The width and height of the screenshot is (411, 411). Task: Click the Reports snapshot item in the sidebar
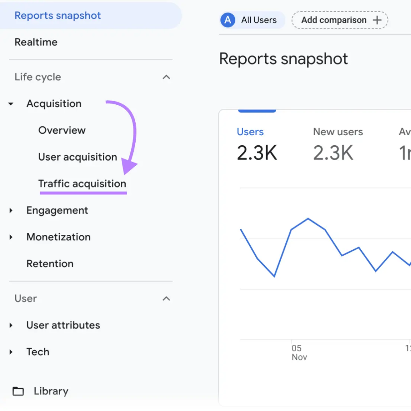[58, 16]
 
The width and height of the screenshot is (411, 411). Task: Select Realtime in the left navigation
[36, 42]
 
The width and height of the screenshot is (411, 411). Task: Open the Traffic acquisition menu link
[82, 184]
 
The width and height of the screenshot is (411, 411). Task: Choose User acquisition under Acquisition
[77, 157]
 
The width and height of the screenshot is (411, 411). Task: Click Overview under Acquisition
[62, 130]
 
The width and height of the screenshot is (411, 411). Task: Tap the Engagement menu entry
[57, 210]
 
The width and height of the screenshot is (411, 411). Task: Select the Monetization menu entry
[58, 237]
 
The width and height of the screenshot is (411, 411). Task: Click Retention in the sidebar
[50, 264]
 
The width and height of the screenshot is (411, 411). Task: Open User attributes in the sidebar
[63, 325]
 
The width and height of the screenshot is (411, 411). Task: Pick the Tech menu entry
[38, 352]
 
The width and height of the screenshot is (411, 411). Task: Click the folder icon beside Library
[18, 391]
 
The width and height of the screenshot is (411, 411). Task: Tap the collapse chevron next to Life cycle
[166, 77]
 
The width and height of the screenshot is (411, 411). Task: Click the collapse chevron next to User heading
[166, 299]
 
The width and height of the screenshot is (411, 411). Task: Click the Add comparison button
[340, 20]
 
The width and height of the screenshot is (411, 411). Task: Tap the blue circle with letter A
[228, 20]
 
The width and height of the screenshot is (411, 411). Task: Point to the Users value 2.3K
[257, 153]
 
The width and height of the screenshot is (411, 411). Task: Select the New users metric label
[338, 132]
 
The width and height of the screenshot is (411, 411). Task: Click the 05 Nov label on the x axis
[299, 352]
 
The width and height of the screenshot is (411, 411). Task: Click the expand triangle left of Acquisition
[11, 104]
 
